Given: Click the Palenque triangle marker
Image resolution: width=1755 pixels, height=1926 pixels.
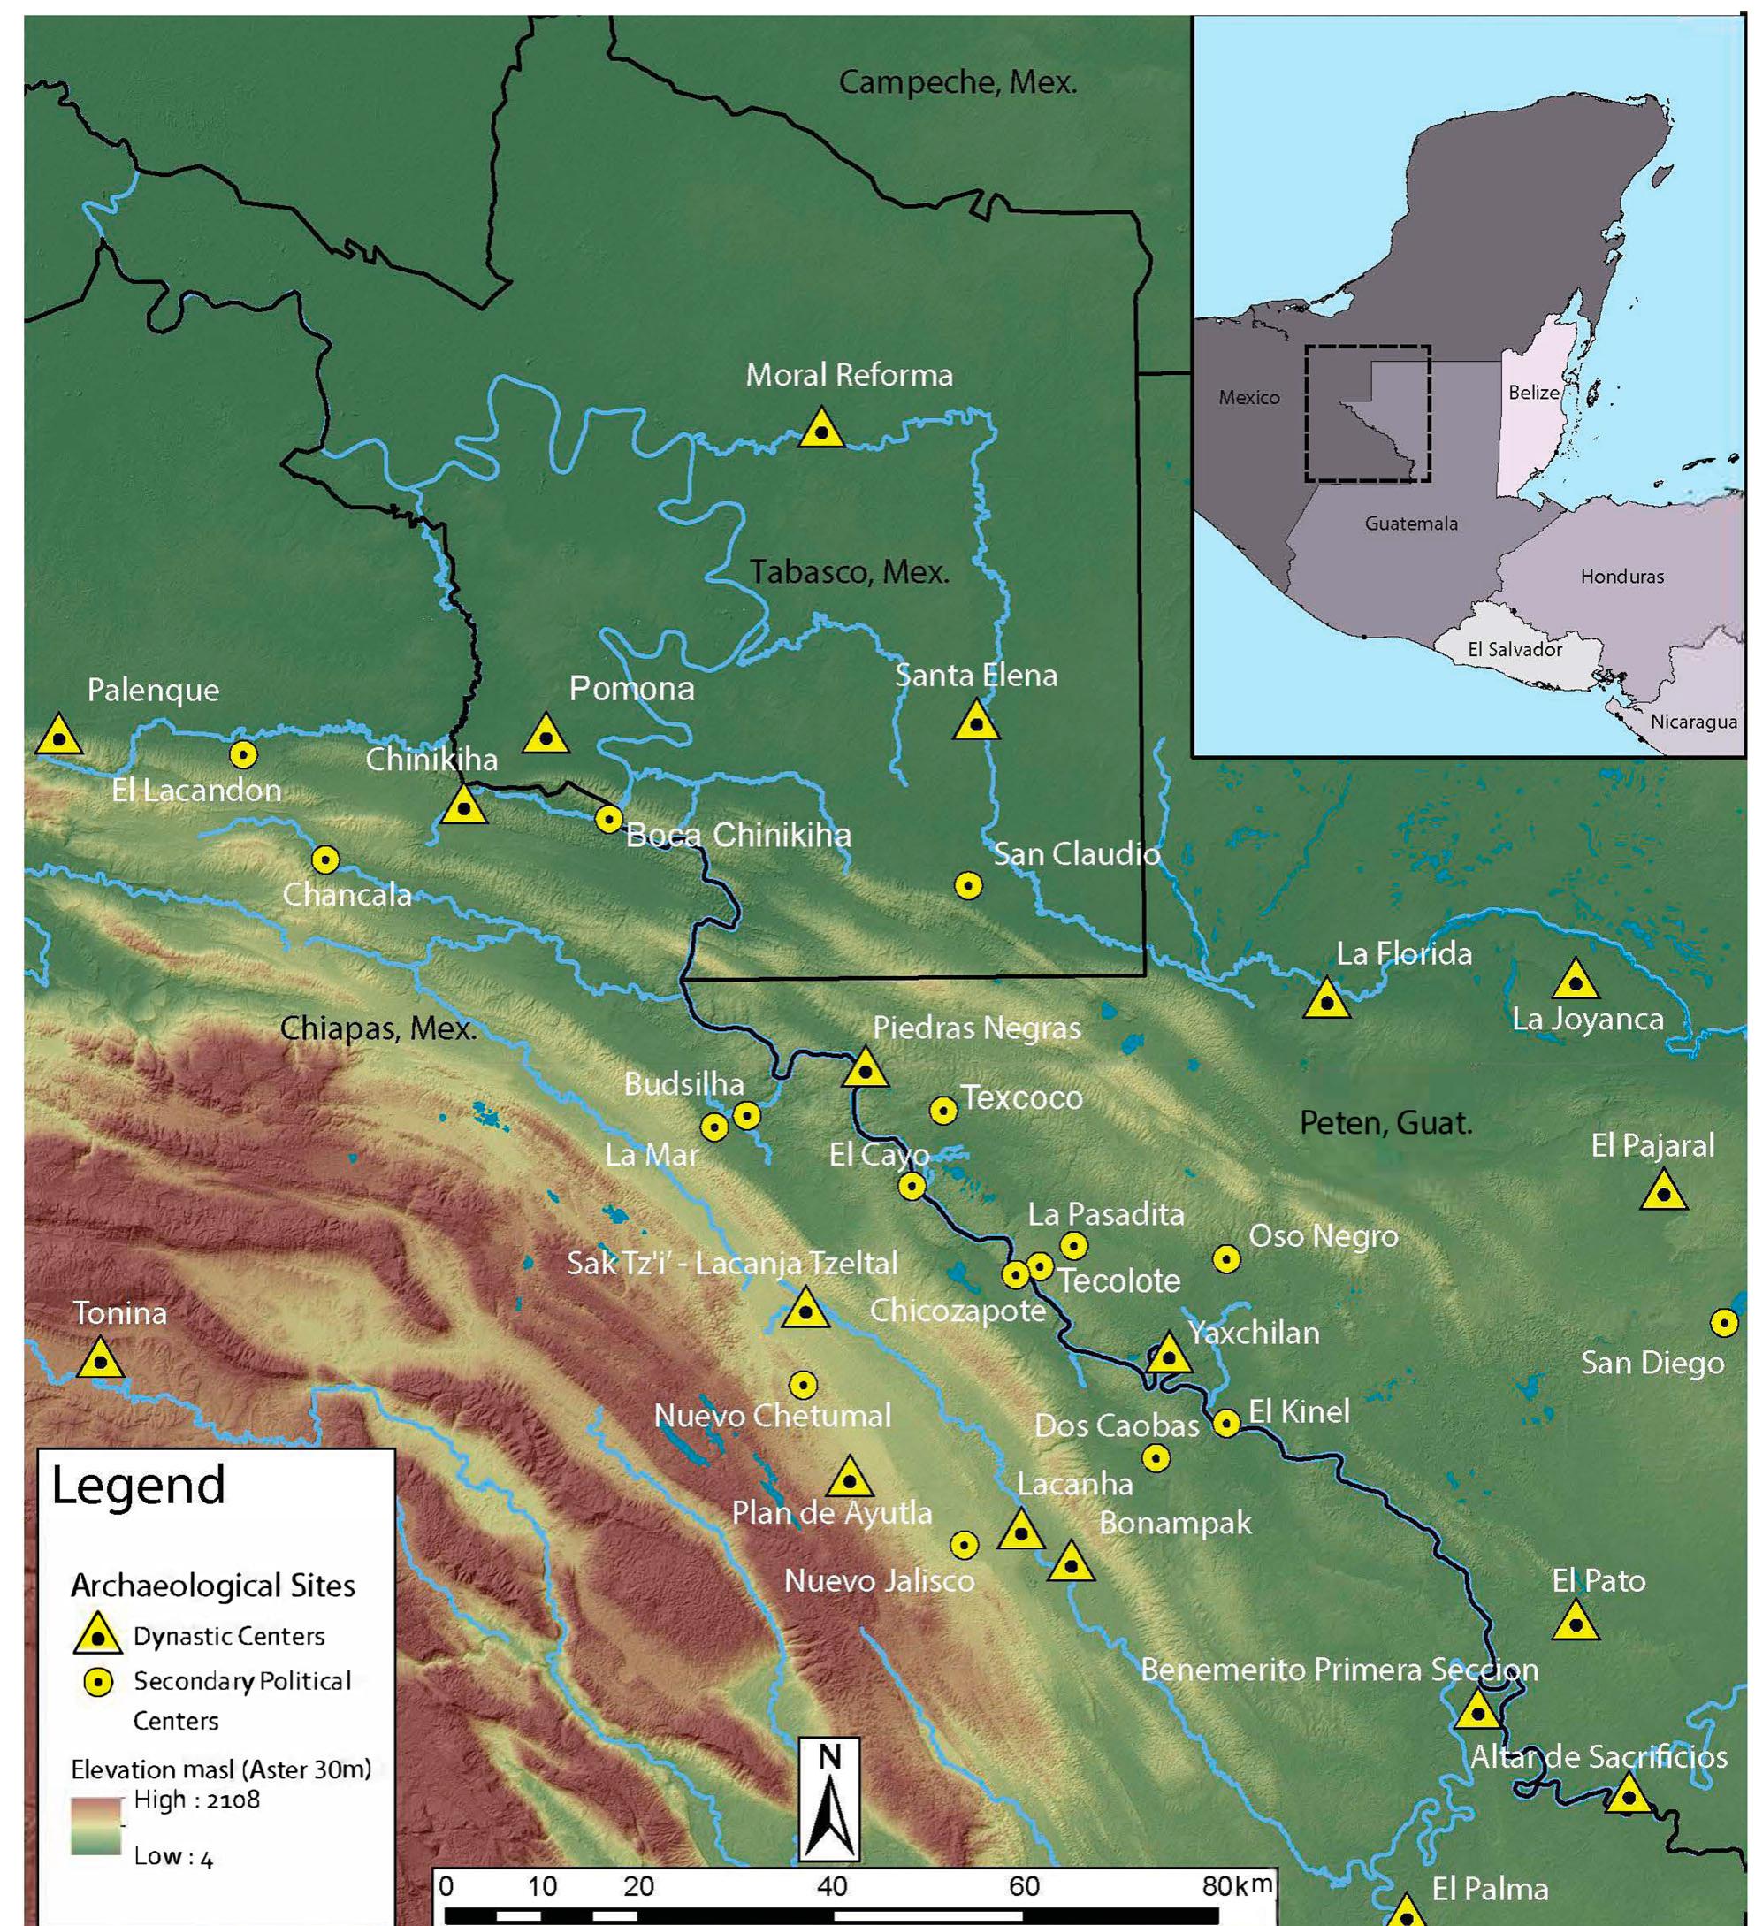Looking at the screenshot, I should point(59,738).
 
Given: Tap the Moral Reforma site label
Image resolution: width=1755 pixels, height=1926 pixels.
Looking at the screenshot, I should point(849,375).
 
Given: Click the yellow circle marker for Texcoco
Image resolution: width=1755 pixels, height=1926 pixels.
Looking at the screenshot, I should point(943,1110).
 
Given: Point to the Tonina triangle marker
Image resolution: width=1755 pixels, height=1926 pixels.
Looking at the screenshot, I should point(99,1359).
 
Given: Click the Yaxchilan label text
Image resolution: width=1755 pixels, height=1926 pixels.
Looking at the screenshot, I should point(1253,1333).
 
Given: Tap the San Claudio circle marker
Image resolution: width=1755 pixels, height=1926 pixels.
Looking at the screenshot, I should point(968,885).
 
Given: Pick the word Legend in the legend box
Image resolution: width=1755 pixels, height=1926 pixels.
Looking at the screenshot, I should point(138,1486).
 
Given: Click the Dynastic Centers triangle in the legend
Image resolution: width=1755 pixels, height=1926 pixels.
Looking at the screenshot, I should point(98,1636).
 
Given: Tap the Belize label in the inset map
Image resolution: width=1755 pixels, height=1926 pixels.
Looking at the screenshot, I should point(1532,393).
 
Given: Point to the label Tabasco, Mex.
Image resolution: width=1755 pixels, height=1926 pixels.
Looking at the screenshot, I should point(849,571).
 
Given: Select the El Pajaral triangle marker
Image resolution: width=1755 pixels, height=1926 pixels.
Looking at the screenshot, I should point(1663,1193).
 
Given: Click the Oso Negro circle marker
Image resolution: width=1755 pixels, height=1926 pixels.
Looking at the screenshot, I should point(1225,1259).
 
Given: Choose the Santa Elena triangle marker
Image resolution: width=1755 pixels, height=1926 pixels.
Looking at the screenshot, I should point(975,722).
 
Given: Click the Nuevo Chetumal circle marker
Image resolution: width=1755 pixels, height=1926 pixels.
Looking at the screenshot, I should point(803,1384).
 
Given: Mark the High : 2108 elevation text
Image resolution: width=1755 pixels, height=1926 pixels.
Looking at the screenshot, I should point(196,1799).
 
